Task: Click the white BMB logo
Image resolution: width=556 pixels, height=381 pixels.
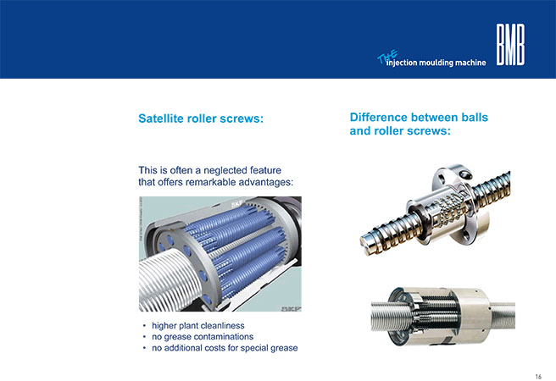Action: tap(510, 45)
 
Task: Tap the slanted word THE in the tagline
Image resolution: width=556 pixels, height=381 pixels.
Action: tap(387, 57)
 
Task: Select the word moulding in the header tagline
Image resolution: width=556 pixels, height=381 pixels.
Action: tap(436, 63)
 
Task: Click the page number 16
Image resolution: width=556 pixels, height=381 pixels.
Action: tap(538, 377)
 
